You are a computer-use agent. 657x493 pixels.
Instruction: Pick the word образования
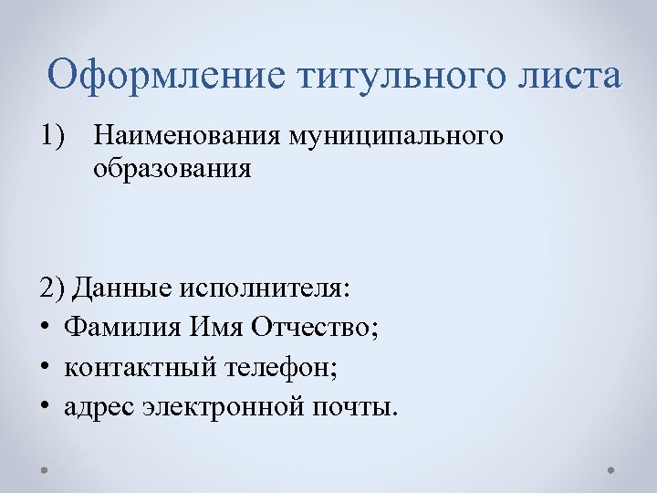(x=172, y=170)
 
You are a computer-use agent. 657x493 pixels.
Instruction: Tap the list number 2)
(x=52, y=288)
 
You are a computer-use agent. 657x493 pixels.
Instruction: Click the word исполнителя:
(x=266, y=288)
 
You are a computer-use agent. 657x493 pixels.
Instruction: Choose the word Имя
(x=215, y=328)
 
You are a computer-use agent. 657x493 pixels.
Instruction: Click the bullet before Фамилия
(x=47, y=329)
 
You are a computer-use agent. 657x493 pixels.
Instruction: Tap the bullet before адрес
(x=47, y=407)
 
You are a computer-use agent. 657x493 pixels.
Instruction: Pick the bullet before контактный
(x=47, y=368)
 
